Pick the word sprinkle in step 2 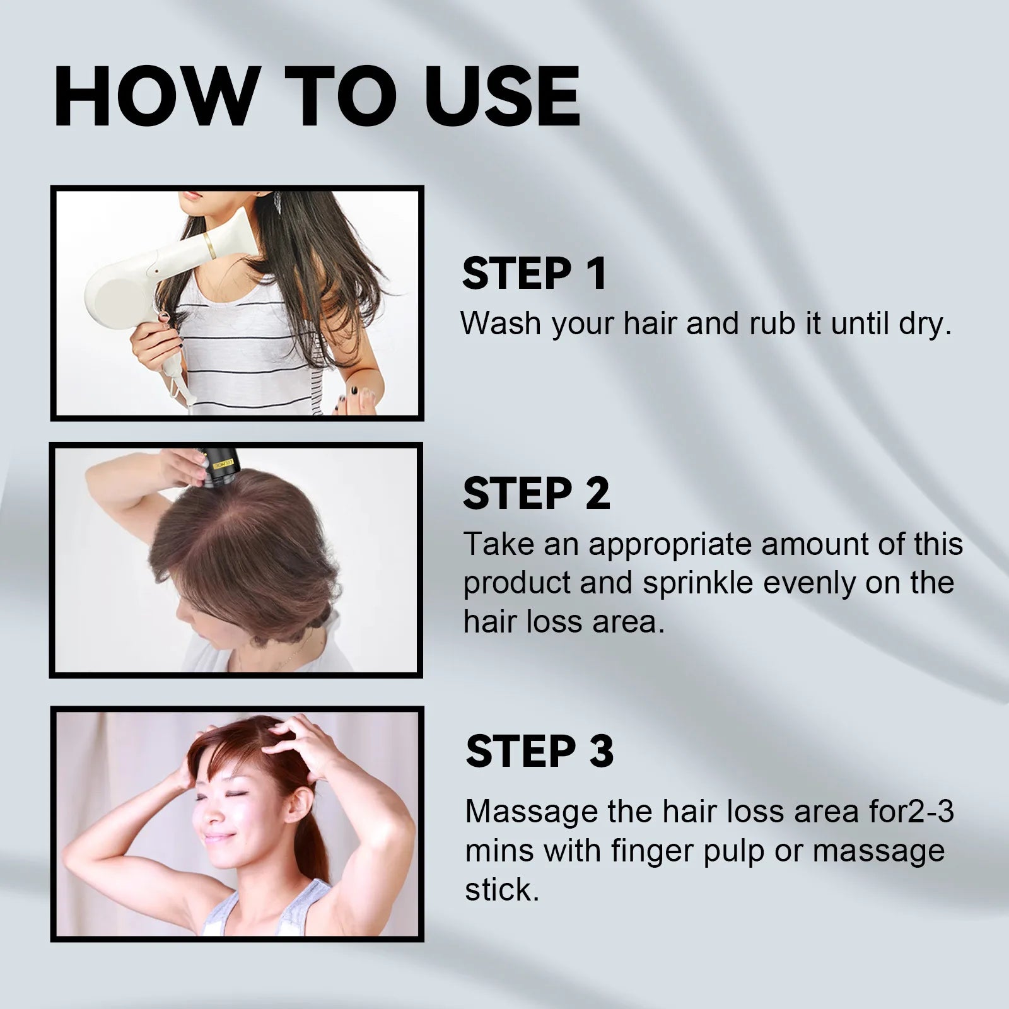click(698, 583)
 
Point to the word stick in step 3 click(502, 889)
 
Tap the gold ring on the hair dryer click(209, 243)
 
